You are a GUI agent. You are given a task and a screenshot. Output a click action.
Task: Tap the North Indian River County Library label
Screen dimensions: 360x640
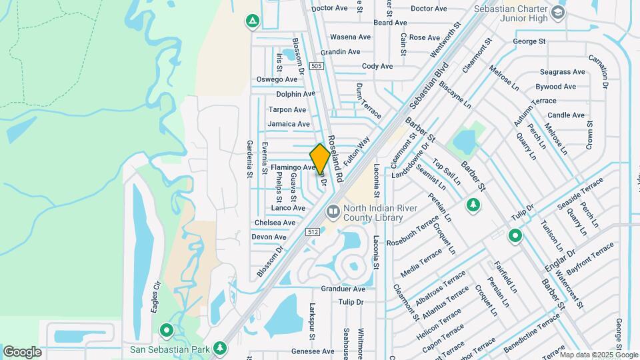click(x=373, y=213)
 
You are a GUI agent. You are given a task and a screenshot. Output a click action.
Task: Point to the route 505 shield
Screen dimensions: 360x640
click(x=317, y=66)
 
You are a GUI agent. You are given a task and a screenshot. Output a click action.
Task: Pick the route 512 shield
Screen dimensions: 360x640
click(x=313, y=231)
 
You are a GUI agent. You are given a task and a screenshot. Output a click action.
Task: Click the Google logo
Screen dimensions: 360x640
click(x=22, y=351)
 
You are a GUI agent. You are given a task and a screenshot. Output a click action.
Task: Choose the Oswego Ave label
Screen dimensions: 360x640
click(x=277, y=79)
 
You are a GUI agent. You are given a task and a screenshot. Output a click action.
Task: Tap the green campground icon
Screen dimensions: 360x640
click(x=253, y=22)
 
